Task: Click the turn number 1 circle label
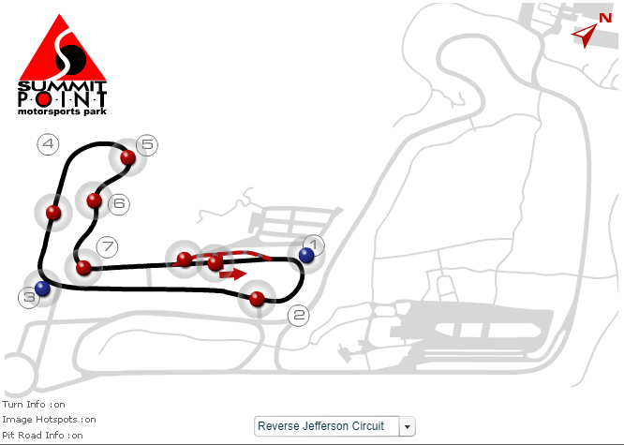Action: point(314,245)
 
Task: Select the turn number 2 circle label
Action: point(299,315)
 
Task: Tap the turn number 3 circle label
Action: point(29,297)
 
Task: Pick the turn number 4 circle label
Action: point(48,143)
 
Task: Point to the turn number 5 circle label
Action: point(147,144)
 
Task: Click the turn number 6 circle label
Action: point(119,204)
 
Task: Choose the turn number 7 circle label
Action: point(108,246)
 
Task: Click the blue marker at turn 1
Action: point(306,255)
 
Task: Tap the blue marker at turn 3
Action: point(42,288)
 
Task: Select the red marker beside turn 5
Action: point(127,157)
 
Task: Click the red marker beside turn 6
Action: point(94,200)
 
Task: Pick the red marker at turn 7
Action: point(83,268)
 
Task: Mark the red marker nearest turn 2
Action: point(257,299)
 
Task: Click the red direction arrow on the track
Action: point(233,274)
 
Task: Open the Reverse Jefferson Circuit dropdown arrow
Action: point(407,426)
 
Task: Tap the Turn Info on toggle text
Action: point(34,405)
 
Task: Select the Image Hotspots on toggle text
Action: point(49,420)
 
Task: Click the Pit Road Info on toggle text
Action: point(42,435)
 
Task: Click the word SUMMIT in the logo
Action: point(62,85)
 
